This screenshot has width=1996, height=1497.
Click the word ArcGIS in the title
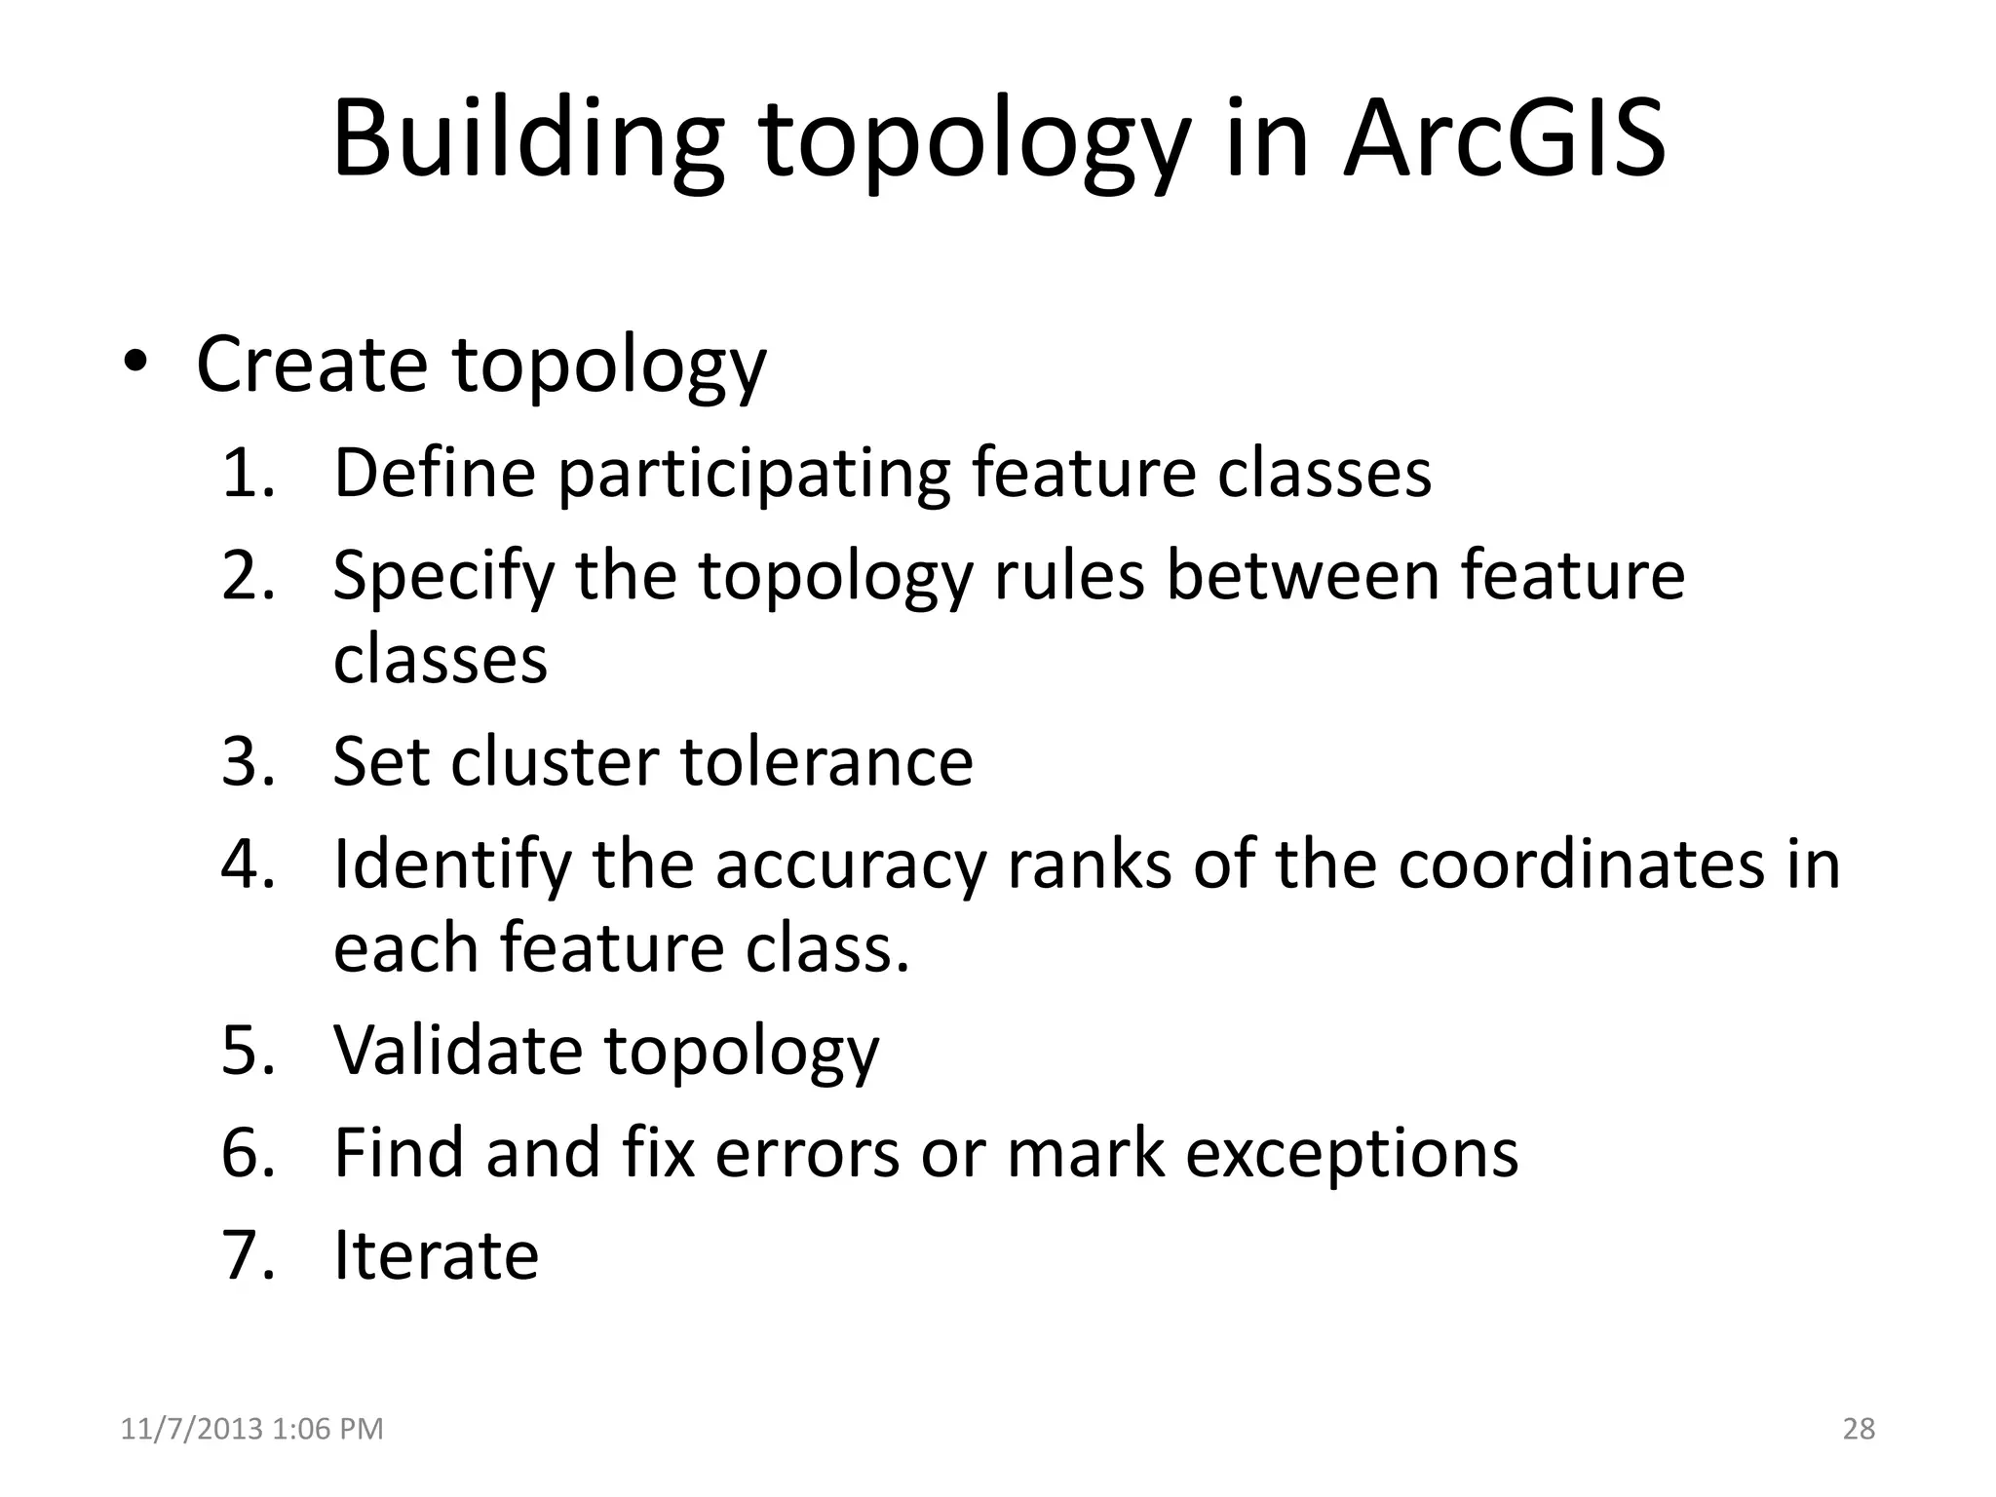1504,138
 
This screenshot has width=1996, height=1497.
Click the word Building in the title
527,138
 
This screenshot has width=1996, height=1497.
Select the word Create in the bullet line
312,364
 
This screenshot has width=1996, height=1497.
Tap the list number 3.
248,761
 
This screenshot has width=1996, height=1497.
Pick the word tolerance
826,761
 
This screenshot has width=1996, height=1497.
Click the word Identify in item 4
451,864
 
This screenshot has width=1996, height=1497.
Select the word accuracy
851,864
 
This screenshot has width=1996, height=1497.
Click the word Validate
458,1051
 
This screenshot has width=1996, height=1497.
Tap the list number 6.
248,1153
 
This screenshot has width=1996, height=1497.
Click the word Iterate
436,1255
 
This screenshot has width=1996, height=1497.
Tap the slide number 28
1859,1429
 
